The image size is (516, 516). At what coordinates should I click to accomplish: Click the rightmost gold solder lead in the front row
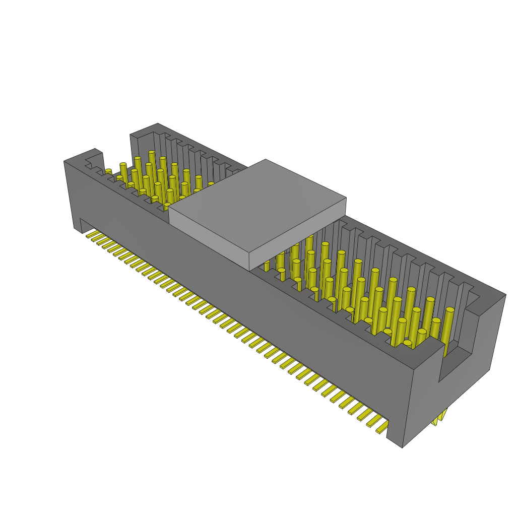point(382,429)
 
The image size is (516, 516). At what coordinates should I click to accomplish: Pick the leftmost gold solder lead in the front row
point(91,234)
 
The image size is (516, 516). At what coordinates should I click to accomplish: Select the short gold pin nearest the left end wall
point(108,172)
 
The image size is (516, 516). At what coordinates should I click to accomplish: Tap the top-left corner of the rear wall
point(131,135)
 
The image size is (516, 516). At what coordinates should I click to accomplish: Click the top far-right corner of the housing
point(505,295)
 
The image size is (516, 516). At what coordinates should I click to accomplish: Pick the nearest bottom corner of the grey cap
point(250,270)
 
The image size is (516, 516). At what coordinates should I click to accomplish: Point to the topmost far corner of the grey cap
point(266,159)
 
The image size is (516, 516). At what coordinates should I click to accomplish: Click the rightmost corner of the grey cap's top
point(347,198)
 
